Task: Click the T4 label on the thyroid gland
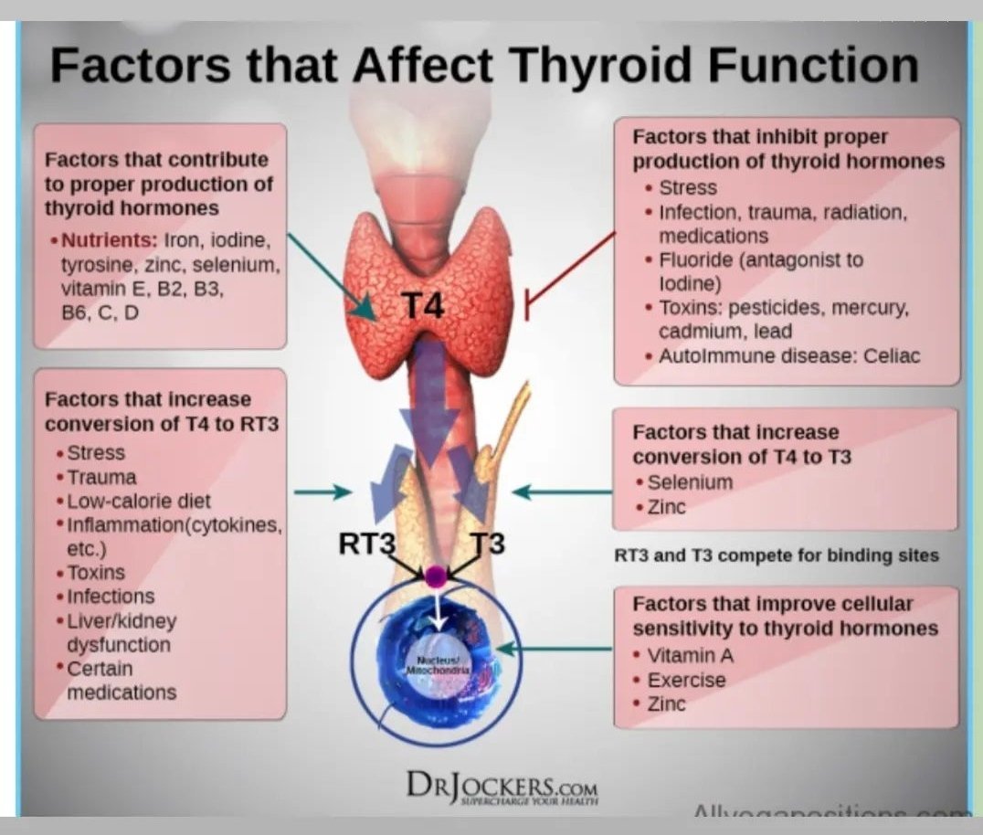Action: coord(422,306)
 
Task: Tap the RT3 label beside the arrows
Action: coord(366,544)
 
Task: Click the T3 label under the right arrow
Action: coord(487,544)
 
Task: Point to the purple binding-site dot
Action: coord(436,576)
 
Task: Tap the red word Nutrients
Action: coord(109,241)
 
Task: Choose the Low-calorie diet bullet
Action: coord(138,501)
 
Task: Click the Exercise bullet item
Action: coord(686,680)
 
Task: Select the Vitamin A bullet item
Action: coord(690,655)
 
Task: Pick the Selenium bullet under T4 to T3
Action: coord(690,481)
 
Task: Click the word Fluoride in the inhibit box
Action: coord(697,259)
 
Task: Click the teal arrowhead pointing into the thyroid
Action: coord(365,310)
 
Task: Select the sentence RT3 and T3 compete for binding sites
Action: coord(776,555)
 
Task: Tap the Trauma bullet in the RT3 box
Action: coord(101,477)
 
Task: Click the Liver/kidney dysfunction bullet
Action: coord(122,632)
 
